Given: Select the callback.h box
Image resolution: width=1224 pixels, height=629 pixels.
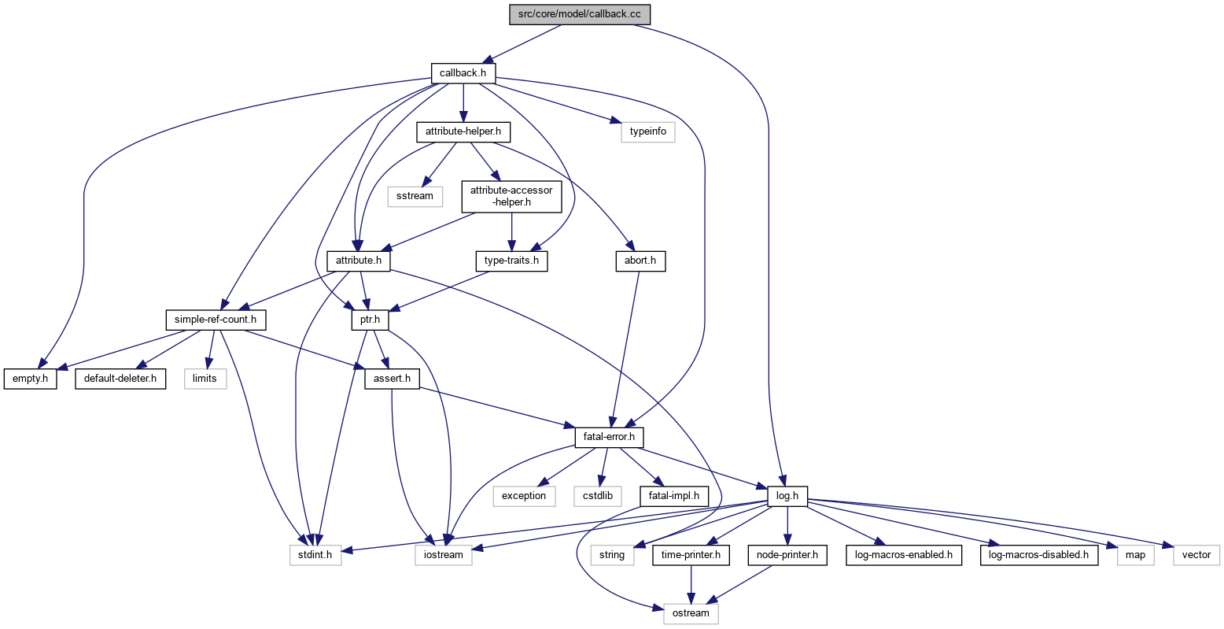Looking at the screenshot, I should coord(463,73).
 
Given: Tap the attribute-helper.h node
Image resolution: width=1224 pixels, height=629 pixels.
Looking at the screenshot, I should coord(463,131).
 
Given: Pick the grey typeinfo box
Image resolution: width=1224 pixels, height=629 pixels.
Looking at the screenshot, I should coord(648,131).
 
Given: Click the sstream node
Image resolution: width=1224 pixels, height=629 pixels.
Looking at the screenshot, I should coord(415,195).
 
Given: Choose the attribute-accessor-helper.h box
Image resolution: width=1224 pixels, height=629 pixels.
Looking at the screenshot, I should coord(511,195).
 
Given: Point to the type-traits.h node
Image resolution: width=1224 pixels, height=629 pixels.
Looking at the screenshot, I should coord(511,261).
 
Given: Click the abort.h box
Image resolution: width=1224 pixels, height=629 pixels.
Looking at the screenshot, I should coord(640,261).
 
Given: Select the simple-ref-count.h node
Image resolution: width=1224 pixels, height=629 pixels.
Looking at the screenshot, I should coord(216,320).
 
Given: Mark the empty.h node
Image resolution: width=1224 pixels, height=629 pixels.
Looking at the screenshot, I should coord(31,379).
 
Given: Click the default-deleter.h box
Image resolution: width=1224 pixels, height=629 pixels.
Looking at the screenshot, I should coord(120,379).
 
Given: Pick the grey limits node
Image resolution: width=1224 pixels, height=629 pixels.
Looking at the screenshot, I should coord(205,379).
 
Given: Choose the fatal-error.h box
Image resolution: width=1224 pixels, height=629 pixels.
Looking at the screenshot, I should coord(604,437).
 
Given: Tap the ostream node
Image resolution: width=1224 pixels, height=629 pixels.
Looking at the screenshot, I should coord(691,613).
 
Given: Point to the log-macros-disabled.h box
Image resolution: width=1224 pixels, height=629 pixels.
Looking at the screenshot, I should coord(1038,554).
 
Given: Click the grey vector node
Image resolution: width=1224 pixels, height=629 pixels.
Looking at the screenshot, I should coord(1196,554).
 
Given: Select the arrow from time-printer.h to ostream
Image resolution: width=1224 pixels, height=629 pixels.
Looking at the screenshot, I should coord(691,584).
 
